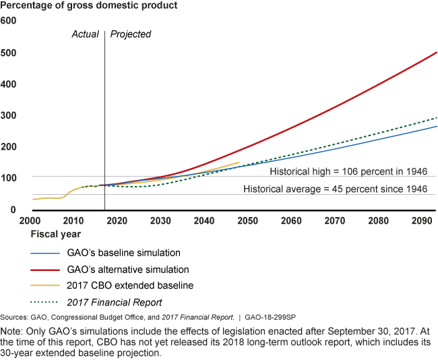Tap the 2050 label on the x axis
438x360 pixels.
247,220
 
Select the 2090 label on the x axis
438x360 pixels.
422,220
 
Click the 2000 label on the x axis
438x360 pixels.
30,220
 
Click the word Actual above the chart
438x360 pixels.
86,34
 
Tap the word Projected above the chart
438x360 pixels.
131,34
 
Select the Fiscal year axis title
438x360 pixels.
55,235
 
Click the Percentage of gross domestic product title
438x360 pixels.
93,6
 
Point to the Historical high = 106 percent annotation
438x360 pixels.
348,171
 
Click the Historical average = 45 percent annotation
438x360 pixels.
335,189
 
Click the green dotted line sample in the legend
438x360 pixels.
47,302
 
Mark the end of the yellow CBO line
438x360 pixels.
239,162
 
